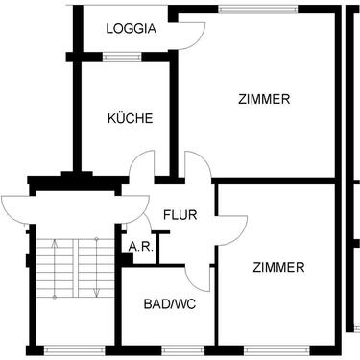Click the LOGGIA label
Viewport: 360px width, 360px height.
132,28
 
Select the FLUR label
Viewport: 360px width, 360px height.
180,214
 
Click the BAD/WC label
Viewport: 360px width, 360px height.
165,304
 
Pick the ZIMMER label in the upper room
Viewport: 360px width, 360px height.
264,98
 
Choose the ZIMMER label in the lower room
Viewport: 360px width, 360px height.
279,266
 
